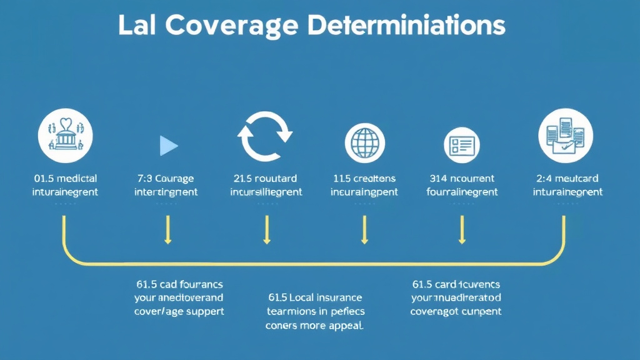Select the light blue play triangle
(x=168, y=146)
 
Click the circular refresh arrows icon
(x=266, y=137)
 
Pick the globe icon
(x=364, y=143)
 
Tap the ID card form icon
(x=461, y=145)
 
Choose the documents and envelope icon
(x=566, y=136)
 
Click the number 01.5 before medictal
(x=43, y=179)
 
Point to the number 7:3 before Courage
(x=145, y=179)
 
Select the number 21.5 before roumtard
(x=242, y=179)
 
